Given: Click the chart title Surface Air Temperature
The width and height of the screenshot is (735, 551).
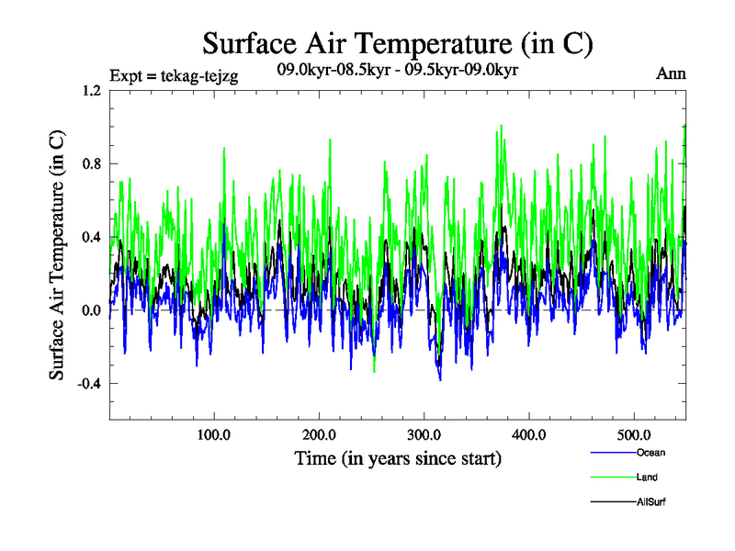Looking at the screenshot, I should coord(398,43).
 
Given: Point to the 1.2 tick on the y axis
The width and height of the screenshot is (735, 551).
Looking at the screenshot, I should coord(90,91).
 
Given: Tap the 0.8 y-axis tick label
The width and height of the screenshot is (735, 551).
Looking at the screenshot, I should coord(90,163).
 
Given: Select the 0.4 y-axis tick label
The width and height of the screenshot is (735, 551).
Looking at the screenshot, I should coord(90,237).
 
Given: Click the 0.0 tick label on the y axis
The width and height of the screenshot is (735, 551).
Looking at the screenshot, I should coord(90,310).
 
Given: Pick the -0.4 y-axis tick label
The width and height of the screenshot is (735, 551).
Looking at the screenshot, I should coord(88,384).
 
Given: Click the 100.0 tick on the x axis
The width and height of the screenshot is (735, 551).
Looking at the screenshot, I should coord(213,434).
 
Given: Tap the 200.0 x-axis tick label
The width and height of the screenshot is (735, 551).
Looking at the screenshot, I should coord(318,434).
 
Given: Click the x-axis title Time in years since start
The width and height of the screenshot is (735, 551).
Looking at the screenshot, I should coord(397,458).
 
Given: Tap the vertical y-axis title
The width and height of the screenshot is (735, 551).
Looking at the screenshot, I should coord(57,255).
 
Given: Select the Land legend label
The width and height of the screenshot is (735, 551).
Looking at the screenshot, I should coord(647,478).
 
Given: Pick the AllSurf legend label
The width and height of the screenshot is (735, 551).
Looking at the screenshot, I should coord(650,502).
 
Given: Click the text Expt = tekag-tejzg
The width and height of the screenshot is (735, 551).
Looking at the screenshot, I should coord(174,77).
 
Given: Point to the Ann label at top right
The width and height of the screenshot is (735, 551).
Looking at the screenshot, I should coord(671,74).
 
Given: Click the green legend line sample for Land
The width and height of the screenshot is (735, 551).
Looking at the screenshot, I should coord(612,478).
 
